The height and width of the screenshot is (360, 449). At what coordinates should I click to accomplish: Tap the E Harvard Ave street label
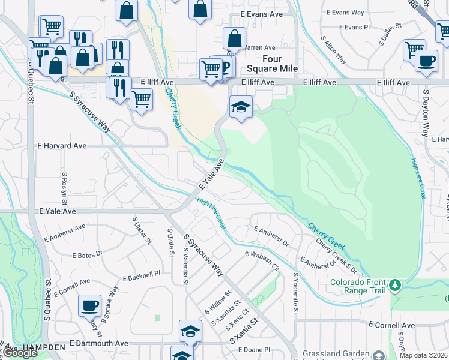pyautogui.click(x=62, y=146)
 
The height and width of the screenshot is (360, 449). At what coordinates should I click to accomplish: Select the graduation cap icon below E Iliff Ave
pyautogui.click(x=241, y=107)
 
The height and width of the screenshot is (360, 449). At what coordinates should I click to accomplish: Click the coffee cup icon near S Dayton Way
pyautogui.click(x=426, y=61)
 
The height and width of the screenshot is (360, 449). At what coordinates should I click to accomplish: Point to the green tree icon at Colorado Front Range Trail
pyautogui.click(x=395, y=285)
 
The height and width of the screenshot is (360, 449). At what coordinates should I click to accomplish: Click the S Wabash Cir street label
pyautogui.click(x=262, y=261)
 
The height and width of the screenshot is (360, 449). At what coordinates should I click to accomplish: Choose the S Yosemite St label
pyautogui.click(x=295, y=295)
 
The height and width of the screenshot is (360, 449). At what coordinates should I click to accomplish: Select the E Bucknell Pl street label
pyautogui.click(x=142, y=276)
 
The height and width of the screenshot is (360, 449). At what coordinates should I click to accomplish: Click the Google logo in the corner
pyautogui.click(x=20, y=353)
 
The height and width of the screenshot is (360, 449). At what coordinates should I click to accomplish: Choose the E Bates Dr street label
pyautogui.click(x=88, y=255)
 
